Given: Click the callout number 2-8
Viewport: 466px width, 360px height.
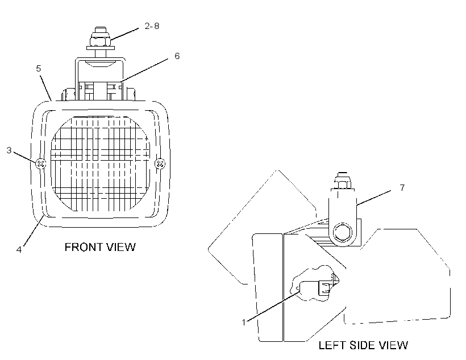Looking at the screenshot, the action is (152, 26).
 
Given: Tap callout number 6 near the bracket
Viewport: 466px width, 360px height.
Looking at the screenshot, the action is (177, 56).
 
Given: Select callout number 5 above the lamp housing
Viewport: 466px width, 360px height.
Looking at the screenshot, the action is (38, 69).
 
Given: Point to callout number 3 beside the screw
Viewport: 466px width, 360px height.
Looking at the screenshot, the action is (9, 150).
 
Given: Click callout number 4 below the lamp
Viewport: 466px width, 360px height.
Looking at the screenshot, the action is (19, 249).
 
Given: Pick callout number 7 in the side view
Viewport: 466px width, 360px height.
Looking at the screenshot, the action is (402, 188).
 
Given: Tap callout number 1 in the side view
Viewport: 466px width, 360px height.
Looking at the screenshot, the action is (244, 322).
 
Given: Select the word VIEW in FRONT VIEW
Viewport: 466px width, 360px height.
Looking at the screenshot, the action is (122, 247).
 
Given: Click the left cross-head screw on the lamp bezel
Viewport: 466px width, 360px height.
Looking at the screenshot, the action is (41, 164).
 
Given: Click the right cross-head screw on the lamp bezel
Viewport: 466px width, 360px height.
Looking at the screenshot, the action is (160, 164).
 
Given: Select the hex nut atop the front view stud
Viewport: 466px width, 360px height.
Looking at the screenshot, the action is (101, 39).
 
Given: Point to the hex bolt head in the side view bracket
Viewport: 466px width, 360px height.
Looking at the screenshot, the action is (342, 232).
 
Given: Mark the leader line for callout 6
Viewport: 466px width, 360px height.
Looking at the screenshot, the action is (144, 69).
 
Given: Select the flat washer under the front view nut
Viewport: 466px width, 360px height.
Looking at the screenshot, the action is (101, 48).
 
